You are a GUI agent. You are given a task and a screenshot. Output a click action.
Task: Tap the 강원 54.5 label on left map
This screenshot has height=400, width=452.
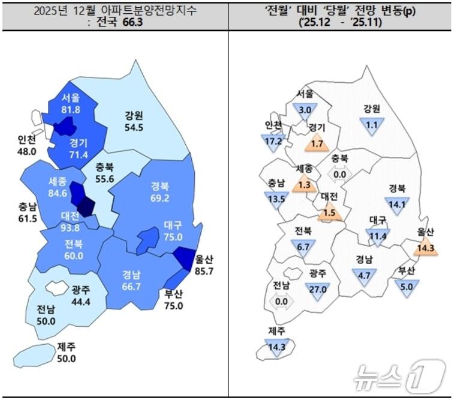coord(134,122)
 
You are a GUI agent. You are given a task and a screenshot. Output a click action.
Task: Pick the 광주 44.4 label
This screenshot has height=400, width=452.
coord(81,295)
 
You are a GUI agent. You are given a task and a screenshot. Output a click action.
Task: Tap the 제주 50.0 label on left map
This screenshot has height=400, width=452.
coord(67,353)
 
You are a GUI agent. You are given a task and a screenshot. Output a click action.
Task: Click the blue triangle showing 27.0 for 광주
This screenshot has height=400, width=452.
coord(317,288)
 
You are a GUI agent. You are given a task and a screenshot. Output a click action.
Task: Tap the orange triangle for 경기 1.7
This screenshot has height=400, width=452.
coord(317,143)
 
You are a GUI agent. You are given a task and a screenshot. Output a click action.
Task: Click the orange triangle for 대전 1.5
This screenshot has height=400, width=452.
coord(329,213)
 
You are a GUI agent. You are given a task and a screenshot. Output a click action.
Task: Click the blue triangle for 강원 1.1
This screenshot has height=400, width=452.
coord(371,124)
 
